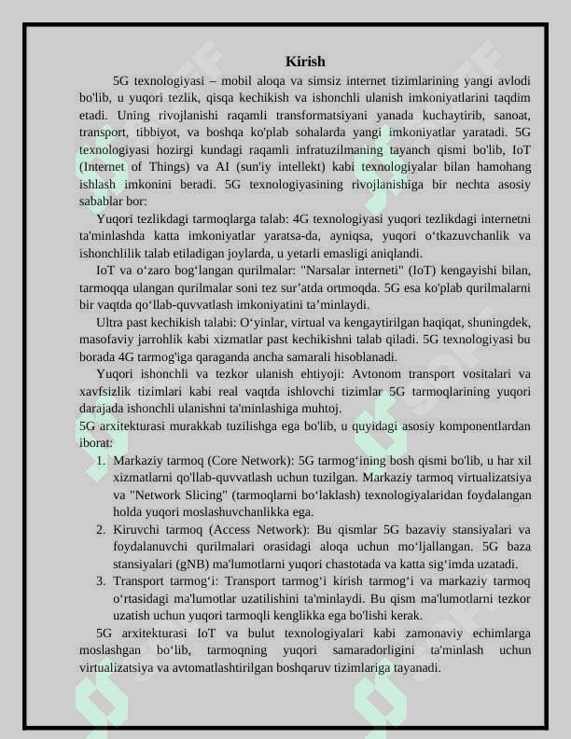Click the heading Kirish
[x=305, y=62]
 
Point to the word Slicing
[x=210, y=495]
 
